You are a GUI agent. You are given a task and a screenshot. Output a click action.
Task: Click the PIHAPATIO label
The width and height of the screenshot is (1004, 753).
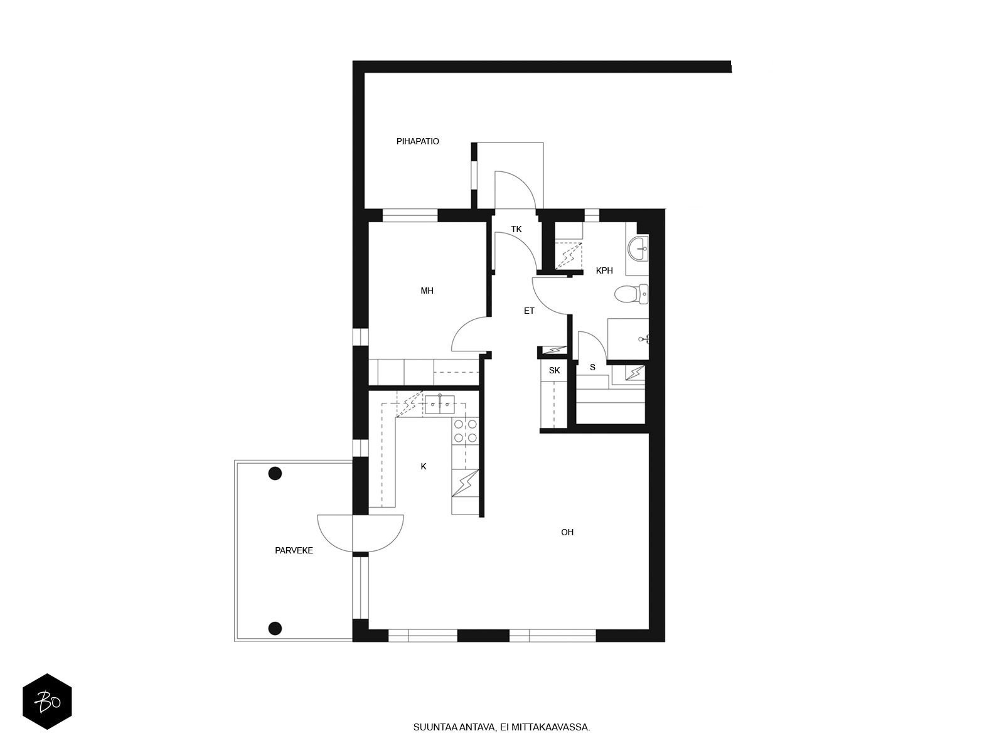click(417, 141)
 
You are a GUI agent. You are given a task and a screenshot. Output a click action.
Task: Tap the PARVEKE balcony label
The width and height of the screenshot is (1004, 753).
click(294, 550)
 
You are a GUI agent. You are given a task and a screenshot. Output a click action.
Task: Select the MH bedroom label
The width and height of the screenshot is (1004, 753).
click(427, 291)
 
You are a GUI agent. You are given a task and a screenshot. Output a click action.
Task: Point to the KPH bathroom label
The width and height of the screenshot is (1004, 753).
click(604, 270)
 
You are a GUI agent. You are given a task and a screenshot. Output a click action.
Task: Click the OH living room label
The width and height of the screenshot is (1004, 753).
click(567, 531)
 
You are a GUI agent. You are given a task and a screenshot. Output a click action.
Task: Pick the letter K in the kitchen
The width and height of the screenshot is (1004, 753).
click(424, 466)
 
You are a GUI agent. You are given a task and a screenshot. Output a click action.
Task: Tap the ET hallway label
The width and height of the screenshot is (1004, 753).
click(529, 311)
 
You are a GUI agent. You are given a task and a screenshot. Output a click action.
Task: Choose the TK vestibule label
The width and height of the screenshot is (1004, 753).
click(516, 229)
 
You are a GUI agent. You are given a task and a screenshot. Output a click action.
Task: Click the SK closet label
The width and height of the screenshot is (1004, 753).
click(554, 370)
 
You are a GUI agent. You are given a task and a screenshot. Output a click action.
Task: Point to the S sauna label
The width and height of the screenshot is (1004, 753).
click(593, 367)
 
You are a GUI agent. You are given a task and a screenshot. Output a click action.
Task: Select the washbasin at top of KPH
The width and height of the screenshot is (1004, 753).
click(638, 248)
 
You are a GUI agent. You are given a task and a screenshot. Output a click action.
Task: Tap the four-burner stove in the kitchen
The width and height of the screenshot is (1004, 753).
click(465, 431)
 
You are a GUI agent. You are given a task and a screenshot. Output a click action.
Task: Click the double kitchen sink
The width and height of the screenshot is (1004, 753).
click(440, 404)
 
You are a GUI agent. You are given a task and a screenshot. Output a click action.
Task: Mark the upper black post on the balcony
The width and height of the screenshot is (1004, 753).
click(274, 473)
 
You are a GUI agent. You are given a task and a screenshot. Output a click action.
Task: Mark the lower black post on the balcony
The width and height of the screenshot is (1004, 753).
click(274, 628)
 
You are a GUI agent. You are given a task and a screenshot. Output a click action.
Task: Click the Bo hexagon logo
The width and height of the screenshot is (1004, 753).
click(47, 702)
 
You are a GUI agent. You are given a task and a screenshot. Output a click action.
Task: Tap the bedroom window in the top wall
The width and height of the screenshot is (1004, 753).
click(410, 215)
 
